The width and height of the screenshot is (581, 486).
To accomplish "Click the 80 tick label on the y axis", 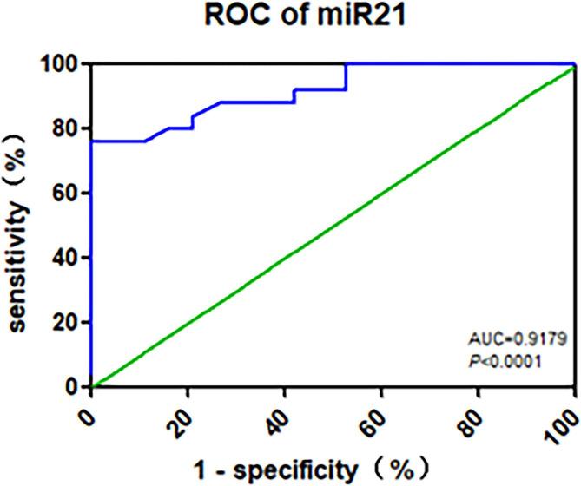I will (66, 128).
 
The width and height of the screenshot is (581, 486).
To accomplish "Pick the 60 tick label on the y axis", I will (66, 194).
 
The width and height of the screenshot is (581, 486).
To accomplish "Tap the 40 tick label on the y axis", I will (66, 258).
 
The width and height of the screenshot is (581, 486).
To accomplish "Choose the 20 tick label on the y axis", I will (66, 322).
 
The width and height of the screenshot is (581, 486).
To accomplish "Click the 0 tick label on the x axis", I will (87, 406).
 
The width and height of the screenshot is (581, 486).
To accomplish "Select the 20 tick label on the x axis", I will (181, 412).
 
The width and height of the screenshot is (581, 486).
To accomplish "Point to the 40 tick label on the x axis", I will (278, 412).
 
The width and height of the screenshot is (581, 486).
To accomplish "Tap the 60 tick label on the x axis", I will (375, 412).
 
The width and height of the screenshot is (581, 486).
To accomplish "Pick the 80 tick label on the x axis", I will (472, 412).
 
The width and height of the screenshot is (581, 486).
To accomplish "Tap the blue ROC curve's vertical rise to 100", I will (347, 76).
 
